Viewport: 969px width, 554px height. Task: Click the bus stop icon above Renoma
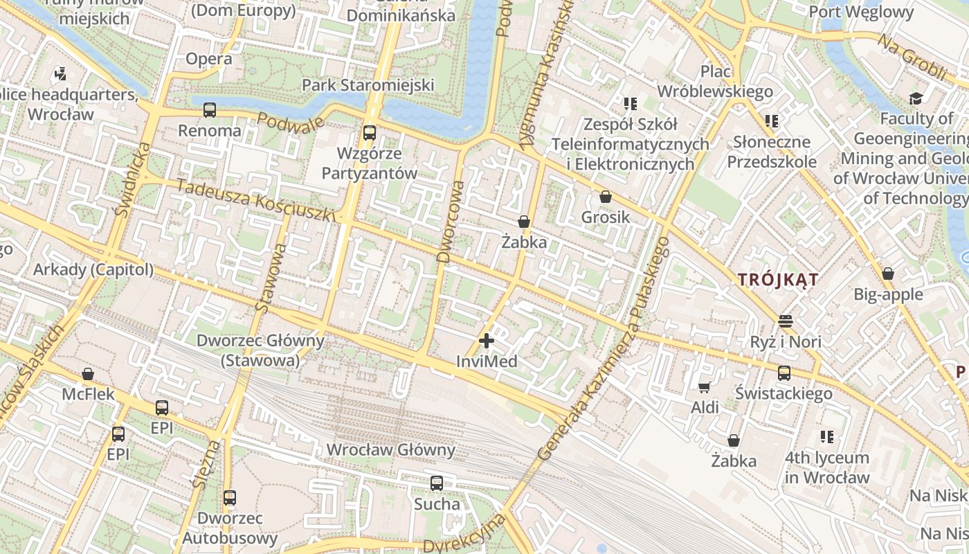point(209,110)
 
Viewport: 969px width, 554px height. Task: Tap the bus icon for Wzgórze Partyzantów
point(370,132)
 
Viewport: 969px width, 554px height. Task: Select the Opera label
point(209,60)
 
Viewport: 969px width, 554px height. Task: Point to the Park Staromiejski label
point(368,85)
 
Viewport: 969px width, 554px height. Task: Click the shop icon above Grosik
point(606,197)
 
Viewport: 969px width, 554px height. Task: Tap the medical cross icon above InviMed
point(487,341)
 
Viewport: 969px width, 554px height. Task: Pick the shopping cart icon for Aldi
point(705,387)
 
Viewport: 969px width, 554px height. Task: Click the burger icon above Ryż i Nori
point(785,321)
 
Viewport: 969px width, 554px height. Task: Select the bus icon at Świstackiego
point(784,373)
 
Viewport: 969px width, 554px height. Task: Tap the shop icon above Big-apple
point(888,274)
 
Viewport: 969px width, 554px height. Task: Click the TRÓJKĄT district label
point(778,280)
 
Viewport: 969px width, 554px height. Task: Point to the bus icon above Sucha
point(437,483)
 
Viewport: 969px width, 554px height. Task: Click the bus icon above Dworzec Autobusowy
point(230,498)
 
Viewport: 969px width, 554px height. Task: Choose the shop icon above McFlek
point(88,374)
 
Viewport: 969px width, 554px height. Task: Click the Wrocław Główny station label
point(391,450)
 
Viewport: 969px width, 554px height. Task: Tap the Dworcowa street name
point(449,222)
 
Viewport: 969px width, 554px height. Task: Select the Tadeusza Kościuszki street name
point(255,201)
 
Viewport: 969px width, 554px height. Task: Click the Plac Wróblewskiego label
point(715,81)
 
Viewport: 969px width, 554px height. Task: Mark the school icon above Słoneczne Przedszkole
point(772,121)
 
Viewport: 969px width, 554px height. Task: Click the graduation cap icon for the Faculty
point(916,98)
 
